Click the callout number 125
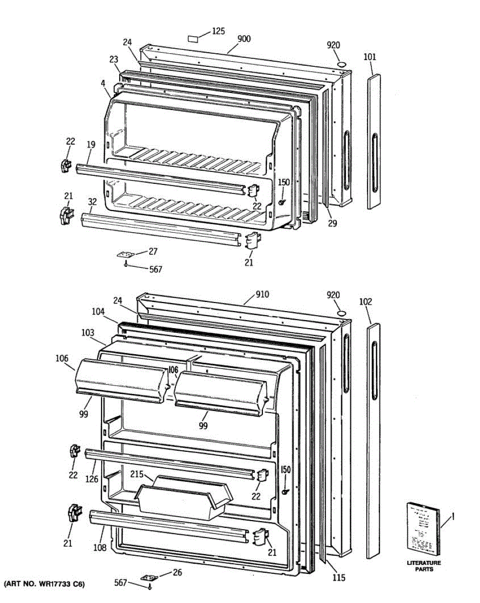[x=218, y=31]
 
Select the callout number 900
[x=244, y=39]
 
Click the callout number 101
[x=369, y=57]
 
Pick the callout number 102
[x=366, y=301]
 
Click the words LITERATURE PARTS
[x=423, y=566]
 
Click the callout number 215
[x=137, y=474]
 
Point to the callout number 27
[x=153, y=251]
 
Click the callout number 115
[x=339, y=578]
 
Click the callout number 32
[x=92, y=202]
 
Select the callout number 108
[x=100, y=547]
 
